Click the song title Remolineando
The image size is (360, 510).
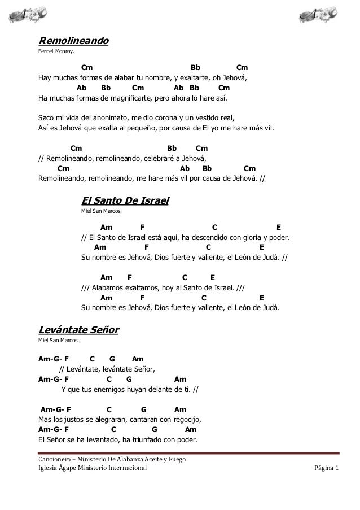click(x=73, y=41)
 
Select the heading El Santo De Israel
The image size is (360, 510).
click(x=125, y=200)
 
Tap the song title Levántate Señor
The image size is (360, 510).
click(x=78, y=330)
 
